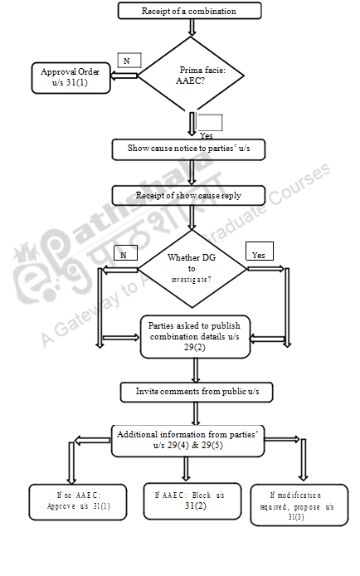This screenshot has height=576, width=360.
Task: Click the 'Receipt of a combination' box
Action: coord(189,11)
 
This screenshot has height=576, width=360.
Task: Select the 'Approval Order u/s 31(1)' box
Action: coord(71,78)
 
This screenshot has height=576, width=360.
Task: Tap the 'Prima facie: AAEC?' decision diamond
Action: coord(192,76)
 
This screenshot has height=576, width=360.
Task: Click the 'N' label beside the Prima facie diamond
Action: coord(128,61)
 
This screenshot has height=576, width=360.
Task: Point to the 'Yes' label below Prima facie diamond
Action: coord(207,135)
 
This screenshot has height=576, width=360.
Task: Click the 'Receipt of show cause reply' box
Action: coord(189,196)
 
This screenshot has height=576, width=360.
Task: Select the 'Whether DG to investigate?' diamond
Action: coord(191,267)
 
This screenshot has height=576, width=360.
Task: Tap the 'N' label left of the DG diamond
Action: coord(124,256)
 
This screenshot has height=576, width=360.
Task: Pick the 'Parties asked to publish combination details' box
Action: coord(195,336)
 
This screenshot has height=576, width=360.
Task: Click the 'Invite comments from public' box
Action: coord(192,390)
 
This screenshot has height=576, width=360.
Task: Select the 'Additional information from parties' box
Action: coord(188,440)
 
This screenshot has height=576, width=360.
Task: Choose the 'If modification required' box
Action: coord(297,505)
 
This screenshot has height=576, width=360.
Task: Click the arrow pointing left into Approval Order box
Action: coord(124,76)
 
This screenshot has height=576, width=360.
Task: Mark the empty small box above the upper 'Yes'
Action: coord(210,122)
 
